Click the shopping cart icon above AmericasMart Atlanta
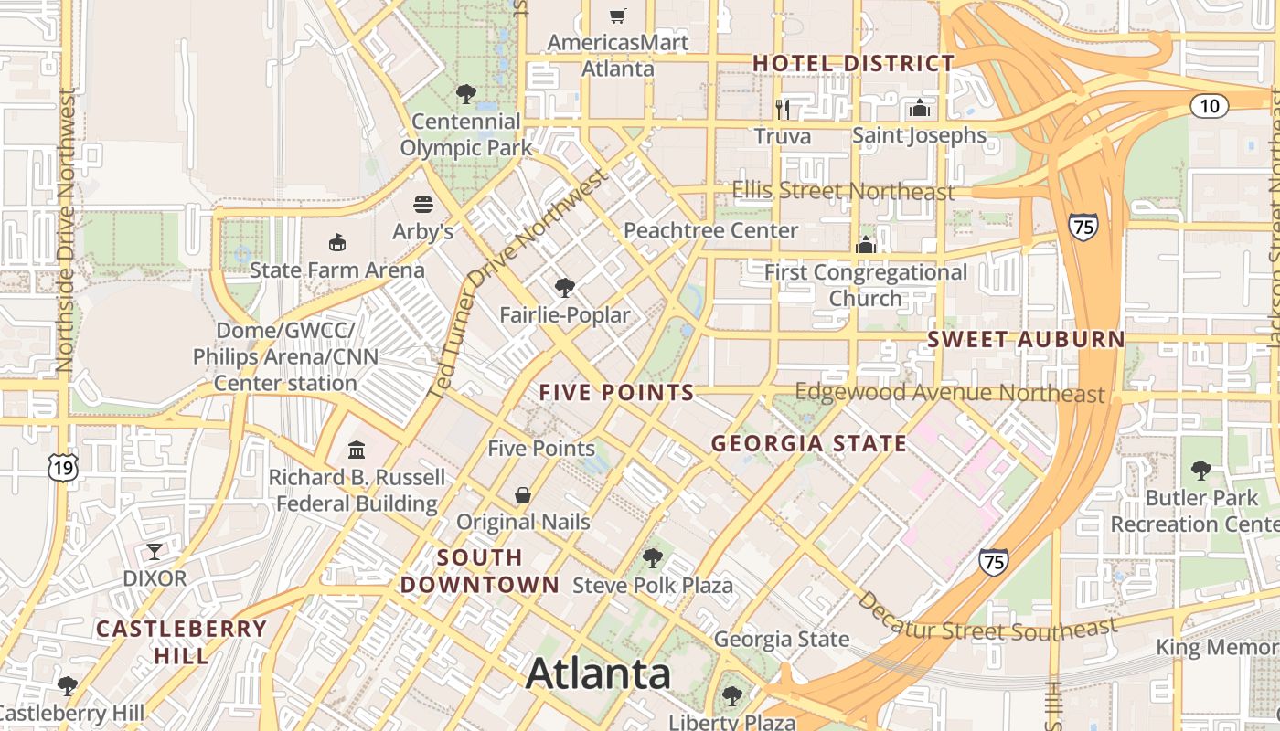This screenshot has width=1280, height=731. (x=618, y=16)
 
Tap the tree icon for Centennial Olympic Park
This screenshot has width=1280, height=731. (x=465, y=93)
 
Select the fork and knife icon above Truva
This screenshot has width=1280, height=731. (x=783, y=110)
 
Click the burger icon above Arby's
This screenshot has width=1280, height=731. (x=422, y=204)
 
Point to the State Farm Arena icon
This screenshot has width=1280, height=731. (x=337, y=242)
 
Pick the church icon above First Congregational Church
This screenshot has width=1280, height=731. (x=865, y=245)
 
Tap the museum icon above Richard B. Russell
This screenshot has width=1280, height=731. (x=357, y=450)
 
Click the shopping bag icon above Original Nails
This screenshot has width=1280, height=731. (x=523, y=495)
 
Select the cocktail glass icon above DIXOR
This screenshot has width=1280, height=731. (x=155, y=552)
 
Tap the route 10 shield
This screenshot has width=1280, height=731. (x=1209, y=106)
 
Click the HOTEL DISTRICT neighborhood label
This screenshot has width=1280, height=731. (x=853, y=63)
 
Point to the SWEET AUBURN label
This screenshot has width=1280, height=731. (x=1026, y=339)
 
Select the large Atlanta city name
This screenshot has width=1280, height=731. (x=599, y=674)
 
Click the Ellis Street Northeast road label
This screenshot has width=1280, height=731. (x=843, y=191)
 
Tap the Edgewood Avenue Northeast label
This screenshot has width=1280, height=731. (x=950, y=393)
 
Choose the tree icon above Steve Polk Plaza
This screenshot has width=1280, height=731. (x=652, y=557)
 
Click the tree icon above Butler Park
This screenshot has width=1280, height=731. (x=1200, y=471)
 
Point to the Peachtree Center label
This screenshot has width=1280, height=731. (x=710, y=230)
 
